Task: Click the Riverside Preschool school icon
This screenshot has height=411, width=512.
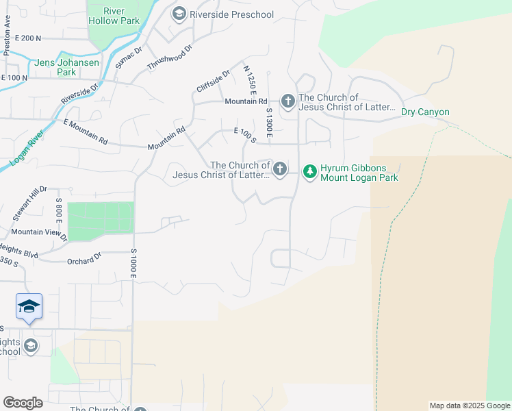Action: click(x=179, y=14)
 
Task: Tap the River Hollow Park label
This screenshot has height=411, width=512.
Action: click(x=114, y=16)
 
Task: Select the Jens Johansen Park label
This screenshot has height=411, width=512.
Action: click(x=68, y=66)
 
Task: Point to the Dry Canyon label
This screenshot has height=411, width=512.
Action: click(x=425, y=112)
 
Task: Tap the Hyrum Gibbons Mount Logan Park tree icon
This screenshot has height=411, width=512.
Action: click(x=310, y=171)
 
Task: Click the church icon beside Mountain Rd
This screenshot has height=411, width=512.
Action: click(x=288, y=101)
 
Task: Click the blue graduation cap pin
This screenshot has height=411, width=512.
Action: click(x=29, y=306)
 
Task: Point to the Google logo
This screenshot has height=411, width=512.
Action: click(x=23, y=403)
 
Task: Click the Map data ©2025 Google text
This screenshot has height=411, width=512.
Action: click(x=469, y=406)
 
